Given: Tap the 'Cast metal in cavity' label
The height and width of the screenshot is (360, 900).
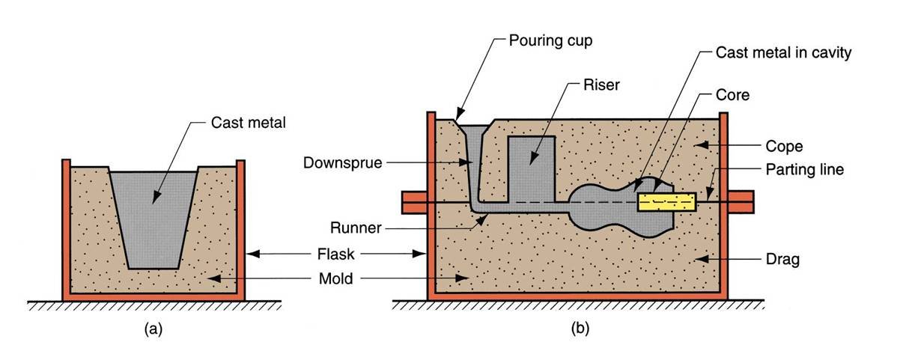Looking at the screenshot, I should tap(773, 54).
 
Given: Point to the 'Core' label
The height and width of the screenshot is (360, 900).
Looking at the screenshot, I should tap(735, 96).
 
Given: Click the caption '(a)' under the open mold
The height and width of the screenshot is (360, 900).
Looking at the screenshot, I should tap(153, 326).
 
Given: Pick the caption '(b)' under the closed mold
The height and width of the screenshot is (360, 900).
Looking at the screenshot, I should tap(577, 326).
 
